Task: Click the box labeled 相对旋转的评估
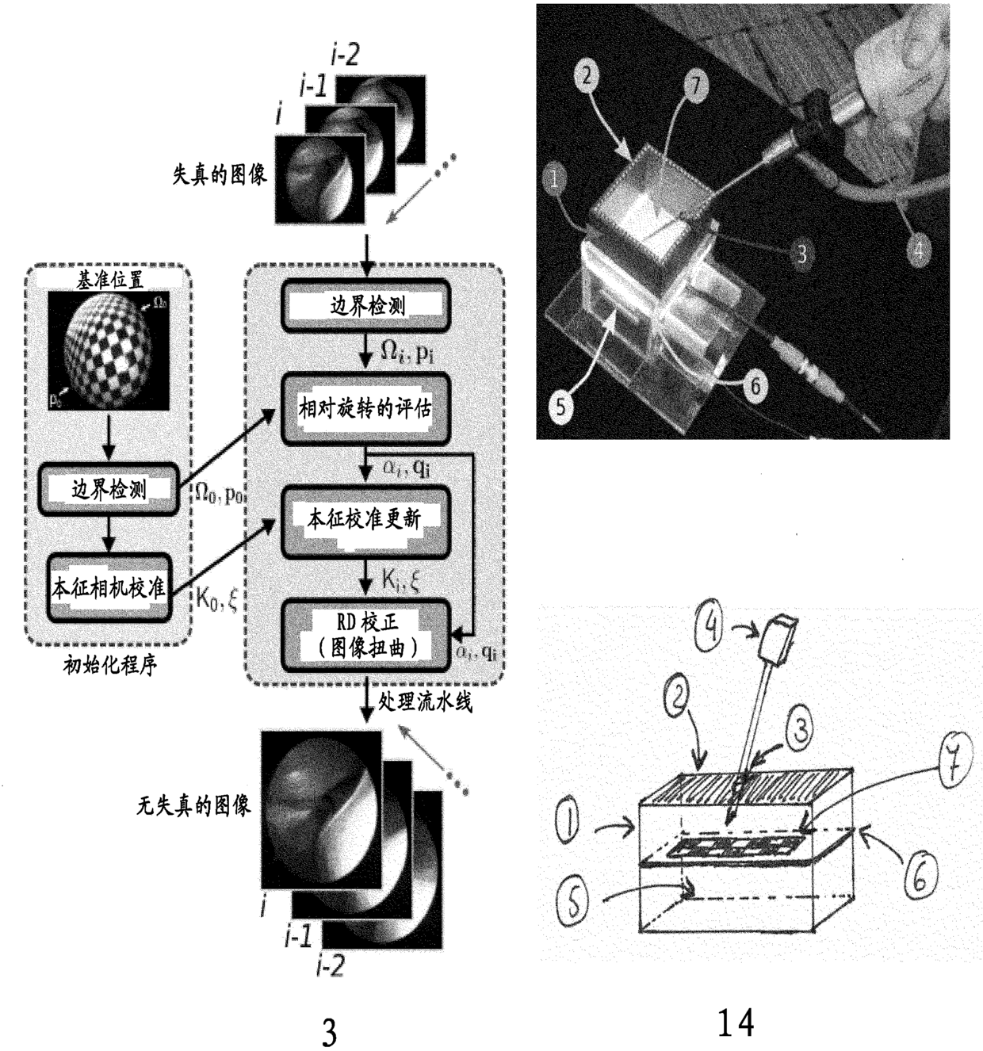click(x=365, y=409)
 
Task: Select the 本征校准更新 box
click(x=365, y=519)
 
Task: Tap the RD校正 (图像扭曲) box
click(x=365, y=636)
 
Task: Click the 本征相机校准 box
click(x=109, y=587)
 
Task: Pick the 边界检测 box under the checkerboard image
click(x=109, y=490)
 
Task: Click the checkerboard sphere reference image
click(x=109, y=350)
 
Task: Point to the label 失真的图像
click(x=220, y=174)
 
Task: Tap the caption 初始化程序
click(x=109, y=664)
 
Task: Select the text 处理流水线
click(x=425, y=701)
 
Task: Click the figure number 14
click(x=735, y=1022)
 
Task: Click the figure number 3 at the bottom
click(x=328, y=1031)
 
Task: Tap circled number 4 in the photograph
click(x=918, y=250)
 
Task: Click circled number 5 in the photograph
click(x=560, y=406)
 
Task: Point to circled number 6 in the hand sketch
click(x=920, y=876)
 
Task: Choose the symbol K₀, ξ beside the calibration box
click(x=216, y=600)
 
